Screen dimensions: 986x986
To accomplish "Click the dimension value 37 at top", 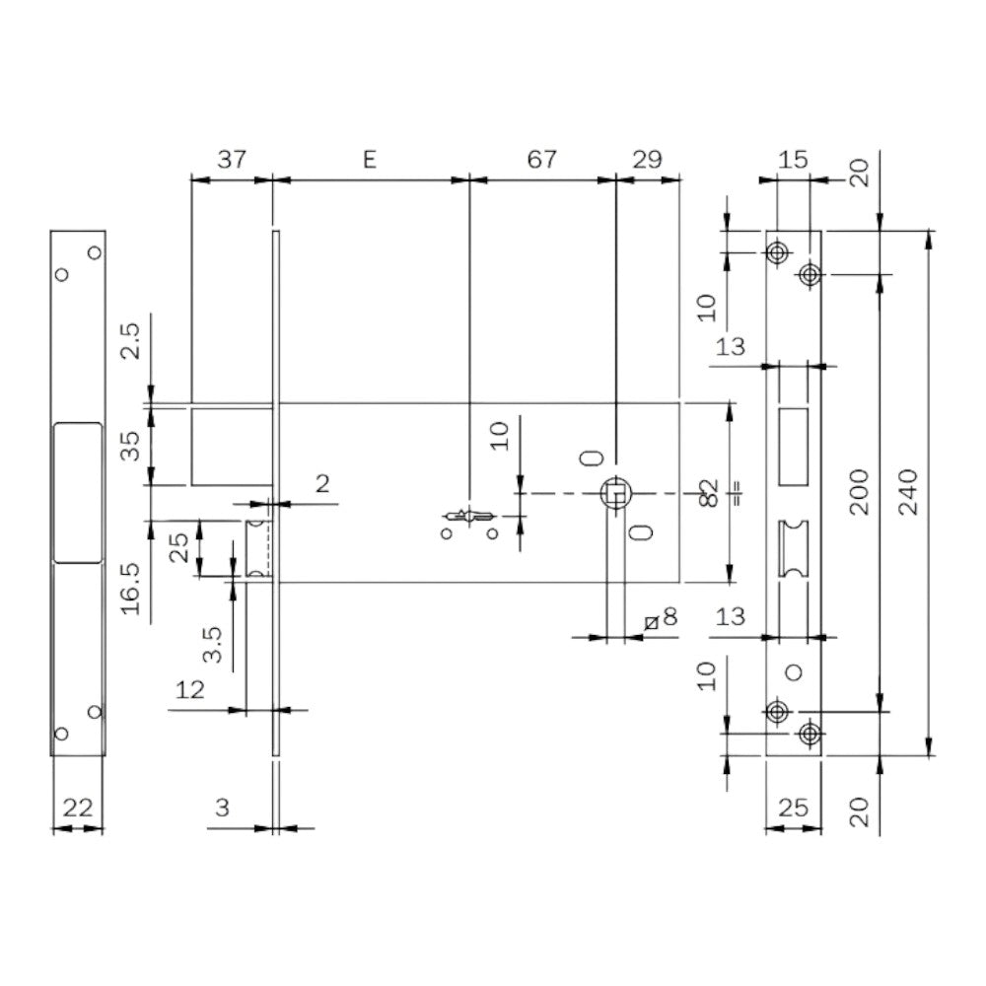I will pos(231,160).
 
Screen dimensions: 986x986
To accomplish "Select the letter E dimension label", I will pos(370,160).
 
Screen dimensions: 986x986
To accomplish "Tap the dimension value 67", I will pos(541,160).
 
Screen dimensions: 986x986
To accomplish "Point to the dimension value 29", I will pos(647,160).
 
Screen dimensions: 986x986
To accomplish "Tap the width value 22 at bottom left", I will pos(78,809).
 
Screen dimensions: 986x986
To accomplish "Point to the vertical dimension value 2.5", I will pos(132,338).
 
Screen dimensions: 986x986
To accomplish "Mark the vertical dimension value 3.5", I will pos(211,644).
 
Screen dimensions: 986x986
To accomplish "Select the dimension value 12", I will pos(189,690).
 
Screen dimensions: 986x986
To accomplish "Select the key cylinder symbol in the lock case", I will pos(469,516).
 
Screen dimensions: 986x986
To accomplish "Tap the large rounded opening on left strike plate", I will pos(78,492).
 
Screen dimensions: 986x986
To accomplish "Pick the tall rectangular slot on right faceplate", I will pos(792,447).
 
